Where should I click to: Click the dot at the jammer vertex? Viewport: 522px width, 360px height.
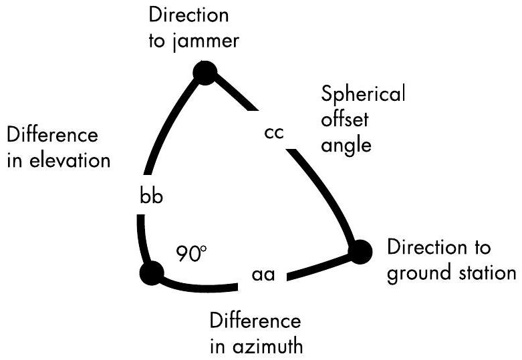tap(204, 71)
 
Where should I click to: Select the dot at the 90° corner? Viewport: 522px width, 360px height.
tap(152, 272)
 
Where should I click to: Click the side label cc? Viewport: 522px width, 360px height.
tap(274, 132)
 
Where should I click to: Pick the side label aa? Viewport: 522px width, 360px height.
tap(265, 275)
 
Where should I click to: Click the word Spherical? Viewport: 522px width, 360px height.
tap(363, 95)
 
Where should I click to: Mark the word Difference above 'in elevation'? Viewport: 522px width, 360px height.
tap(52, 136)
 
